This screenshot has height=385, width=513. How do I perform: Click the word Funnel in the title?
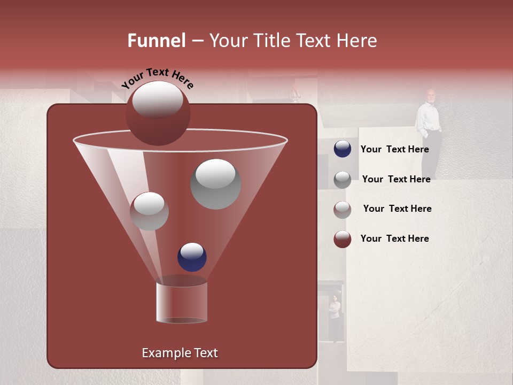point(156,41)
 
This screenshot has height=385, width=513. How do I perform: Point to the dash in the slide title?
point(197,41)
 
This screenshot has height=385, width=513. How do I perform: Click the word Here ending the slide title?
point(357,41)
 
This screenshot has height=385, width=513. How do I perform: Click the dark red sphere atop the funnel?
point(158,113)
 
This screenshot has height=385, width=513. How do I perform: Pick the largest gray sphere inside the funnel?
point(215,184)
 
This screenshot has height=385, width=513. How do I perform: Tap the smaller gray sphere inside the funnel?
point(149,211)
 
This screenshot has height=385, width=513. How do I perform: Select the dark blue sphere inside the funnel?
point(192,257)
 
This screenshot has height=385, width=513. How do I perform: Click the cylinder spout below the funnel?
point(182,302)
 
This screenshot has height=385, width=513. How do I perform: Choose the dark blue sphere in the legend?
point(343,149)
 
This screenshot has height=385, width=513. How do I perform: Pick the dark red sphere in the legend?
point(343,239)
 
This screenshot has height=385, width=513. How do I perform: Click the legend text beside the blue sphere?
point(394,149)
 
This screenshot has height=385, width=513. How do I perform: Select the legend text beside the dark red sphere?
point(394,238)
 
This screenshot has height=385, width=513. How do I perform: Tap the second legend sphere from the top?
point(343,180)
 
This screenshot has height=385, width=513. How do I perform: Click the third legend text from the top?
point(397,209)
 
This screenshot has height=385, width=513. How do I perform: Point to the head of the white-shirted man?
point(431,95)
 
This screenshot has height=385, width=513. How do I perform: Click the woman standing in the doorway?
point(335,313)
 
